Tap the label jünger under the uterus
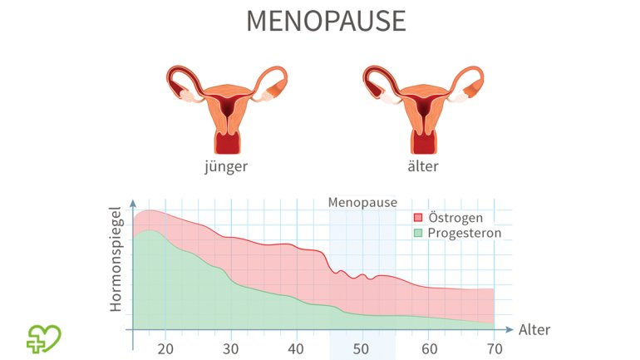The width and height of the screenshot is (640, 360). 225,165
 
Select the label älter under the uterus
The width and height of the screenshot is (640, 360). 422,165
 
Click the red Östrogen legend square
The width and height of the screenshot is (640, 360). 418,218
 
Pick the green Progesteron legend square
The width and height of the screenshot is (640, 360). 418,233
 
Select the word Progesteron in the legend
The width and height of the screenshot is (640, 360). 465,233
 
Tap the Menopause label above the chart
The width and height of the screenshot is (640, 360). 362,202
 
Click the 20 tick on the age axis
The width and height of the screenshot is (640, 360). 165,348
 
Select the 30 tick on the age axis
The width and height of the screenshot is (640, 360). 231,348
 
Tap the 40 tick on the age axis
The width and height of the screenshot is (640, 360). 297,348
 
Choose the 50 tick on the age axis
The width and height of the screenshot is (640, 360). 362,348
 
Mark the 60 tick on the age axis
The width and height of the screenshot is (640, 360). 429,348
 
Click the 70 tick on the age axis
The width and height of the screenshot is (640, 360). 495,348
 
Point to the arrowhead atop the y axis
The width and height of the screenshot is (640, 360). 132,202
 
